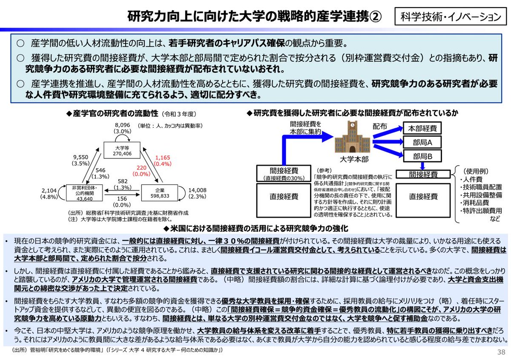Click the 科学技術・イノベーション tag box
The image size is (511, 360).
[x=450, y=17]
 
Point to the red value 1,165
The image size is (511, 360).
[x=163, y=157]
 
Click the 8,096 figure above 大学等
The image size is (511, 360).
[x=122, y=125]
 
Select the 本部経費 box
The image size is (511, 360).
[x=422, y=128]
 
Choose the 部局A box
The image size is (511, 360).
[x=422, y=142]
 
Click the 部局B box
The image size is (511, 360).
[x=422, y=156]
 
